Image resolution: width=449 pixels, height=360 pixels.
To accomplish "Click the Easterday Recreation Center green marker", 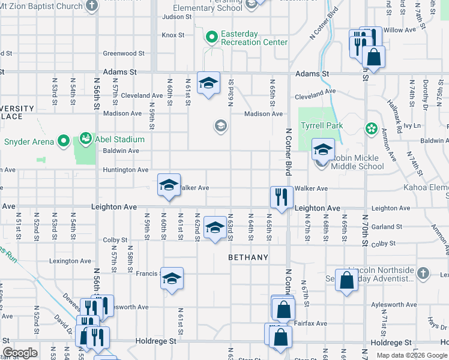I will [x=212, y=37].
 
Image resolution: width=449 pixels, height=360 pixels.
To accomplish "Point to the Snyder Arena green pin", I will [x=64, y=142].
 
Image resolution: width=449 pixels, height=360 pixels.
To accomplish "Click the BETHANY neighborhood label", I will [x=248, y=257].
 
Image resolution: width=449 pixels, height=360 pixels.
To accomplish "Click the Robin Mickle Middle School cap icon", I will [x=323, y=149].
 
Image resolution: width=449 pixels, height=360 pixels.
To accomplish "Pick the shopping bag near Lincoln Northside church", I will [x=347, y=280].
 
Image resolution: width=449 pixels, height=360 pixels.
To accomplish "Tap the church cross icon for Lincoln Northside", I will [x=423, y=273].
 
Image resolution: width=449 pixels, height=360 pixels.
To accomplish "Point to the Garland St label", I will [x=386, y=227].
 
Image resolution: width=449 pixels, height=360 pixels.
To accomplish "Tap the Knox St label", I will [x=173, y=35].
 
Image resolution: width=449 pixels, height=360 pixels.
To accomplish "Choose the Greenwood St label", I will [x=124, y=53].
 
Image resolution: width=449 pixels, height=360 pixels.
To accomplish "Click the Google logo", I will [x=20, y=353].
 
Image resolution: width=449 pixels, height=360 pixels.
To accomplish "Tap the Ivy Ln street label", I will [x=412, y=126].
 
